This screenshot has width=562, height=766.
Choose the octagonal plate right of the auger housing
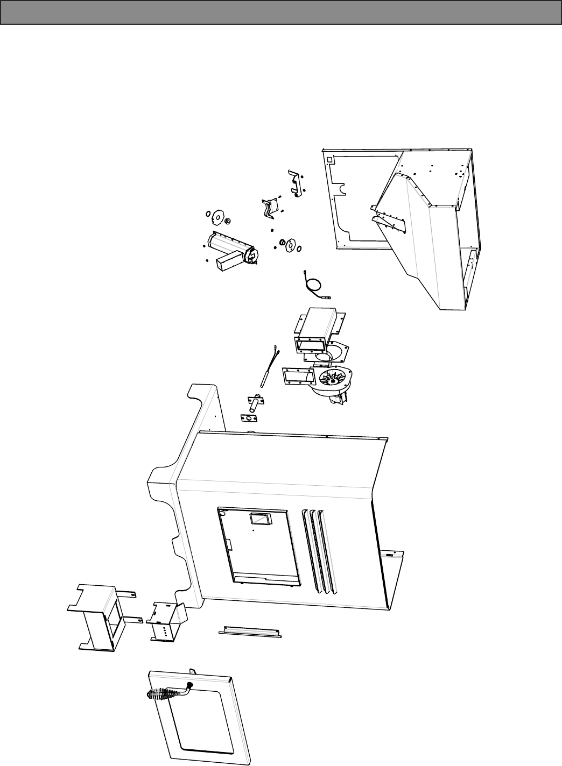point(290,245)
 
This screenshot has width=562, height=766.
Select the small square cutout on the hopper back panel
point(330,159)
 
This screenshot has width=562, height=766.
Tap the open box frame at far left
point(97,616)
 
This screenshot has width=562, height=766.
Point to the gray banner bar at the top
point(281,12)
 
